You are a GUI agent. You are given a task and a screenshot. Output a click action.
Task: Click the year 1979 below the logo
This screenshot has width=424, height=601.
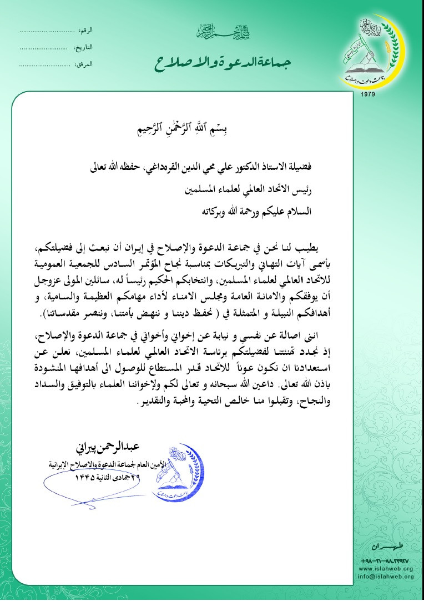tap(368, 95)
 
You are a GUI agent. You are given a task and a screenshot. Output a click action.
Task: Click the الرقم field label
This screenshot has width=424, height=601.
tap(85, 29)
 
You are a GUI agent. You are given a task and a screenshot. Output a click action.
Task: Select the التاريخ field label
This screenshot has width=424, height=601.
tap(84, 47)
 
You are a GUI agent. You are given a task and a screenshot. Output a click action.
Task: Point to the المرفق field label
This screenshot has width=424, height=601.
tap(84, 64)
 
